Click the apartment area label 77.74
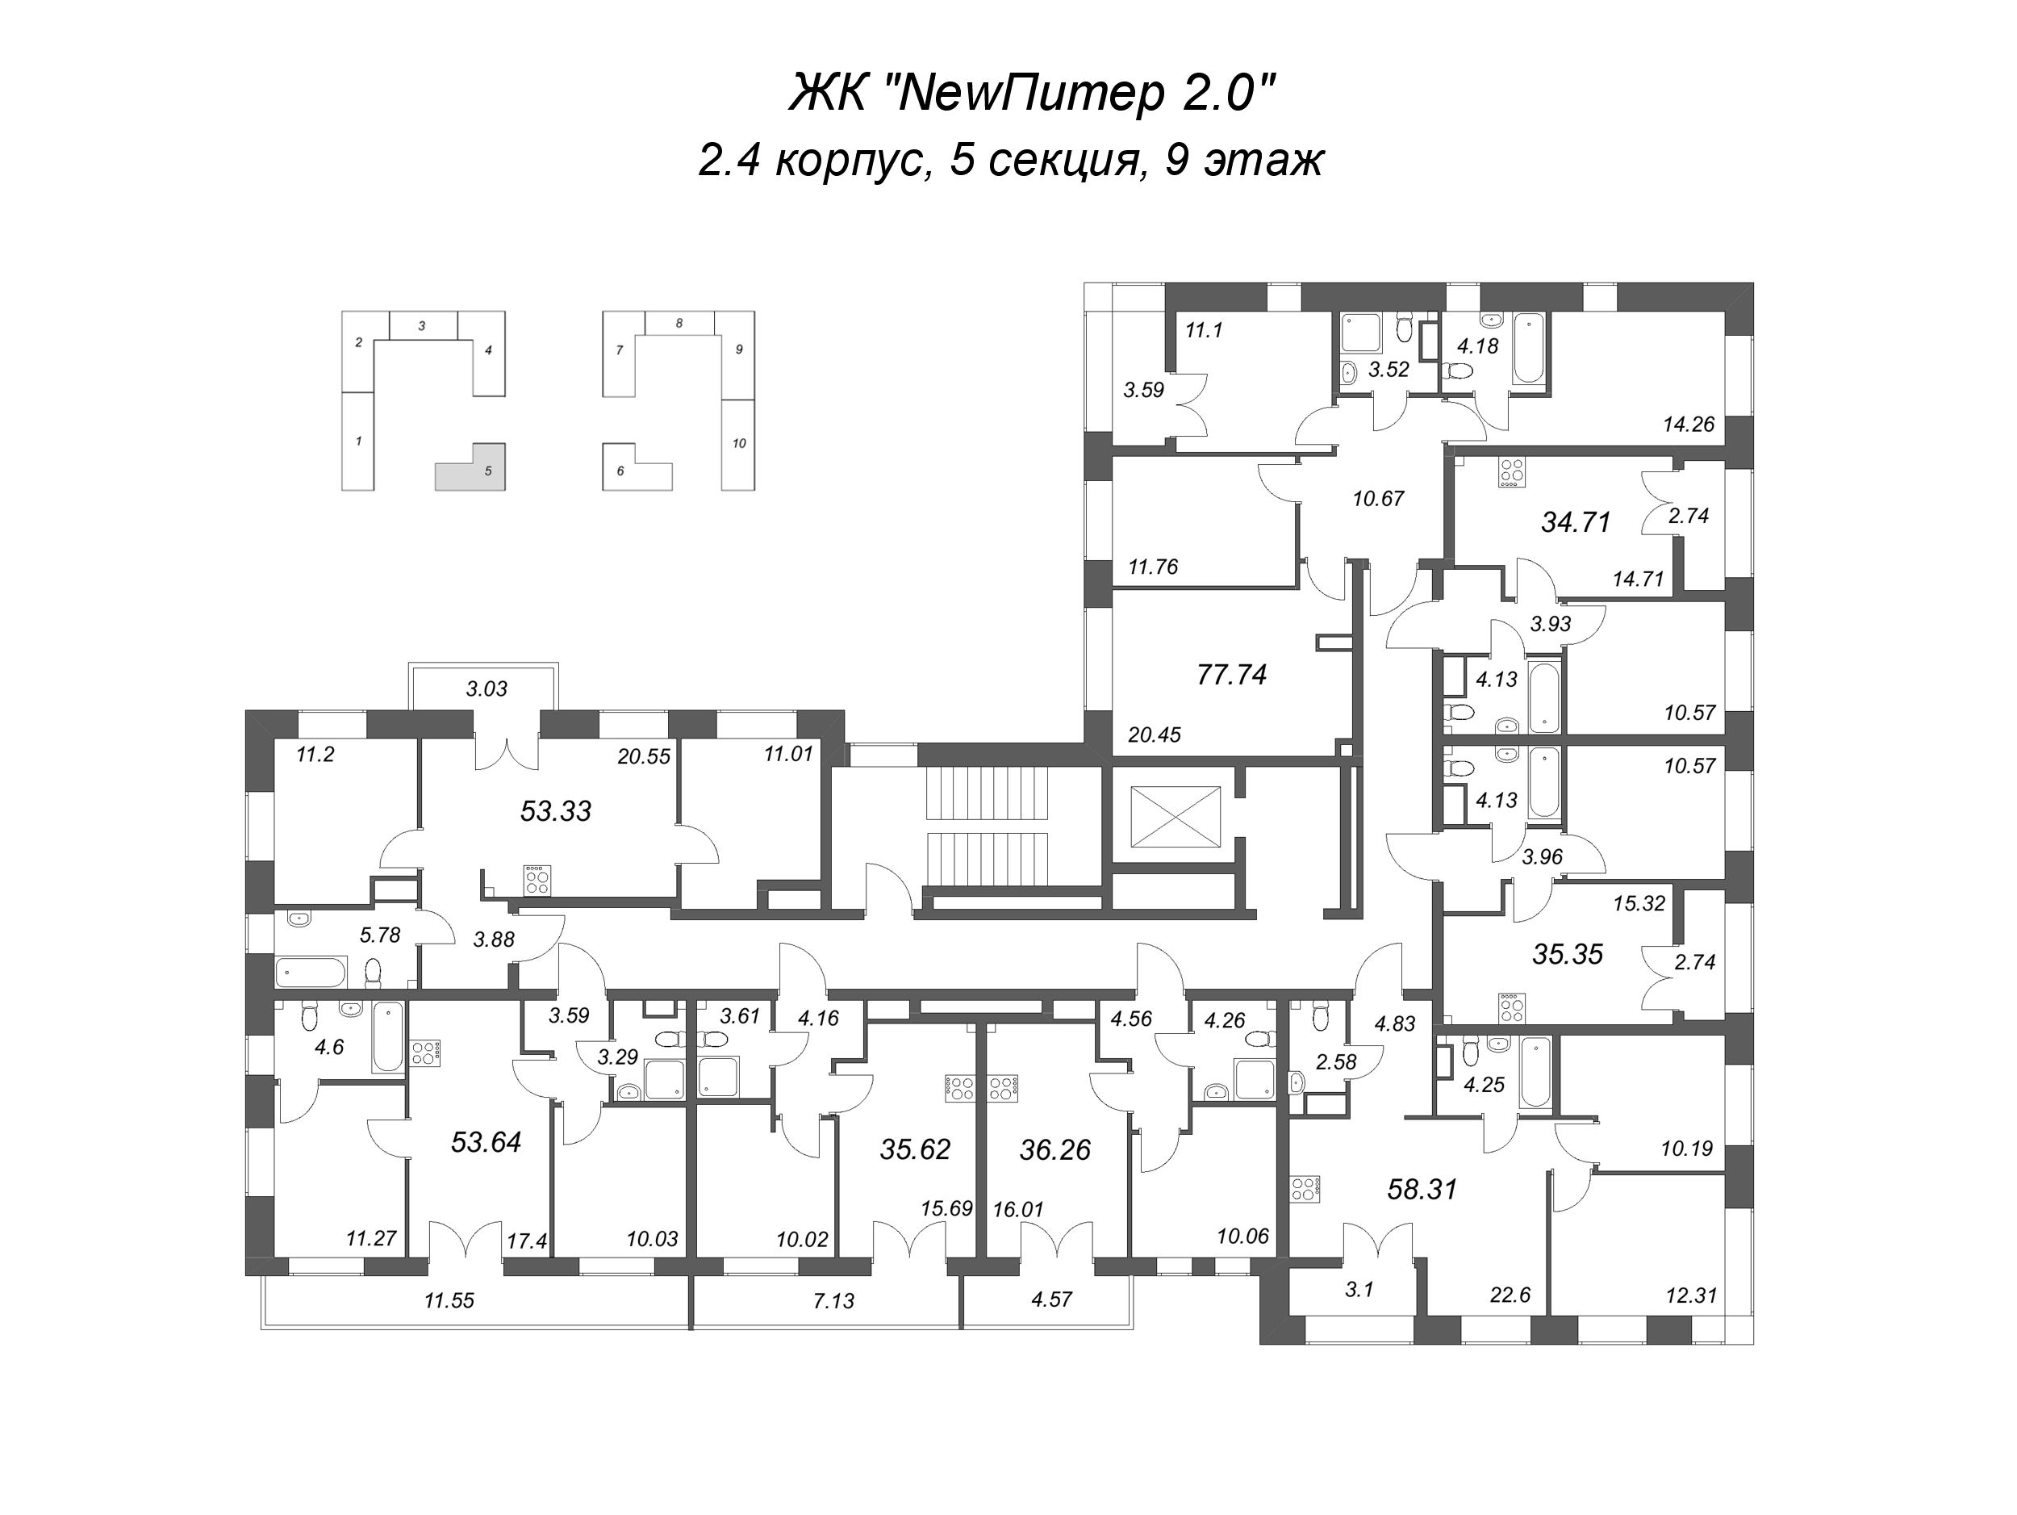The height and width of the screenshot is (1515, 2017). [x=1232, y=675]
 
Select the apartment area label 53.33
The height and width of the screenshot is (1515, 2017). [x=555, y=811]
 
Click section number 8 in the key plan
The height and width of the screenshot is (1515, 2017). [x=679, y=323]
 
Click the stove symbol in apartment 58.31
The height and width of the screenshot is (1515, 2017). [x=1304, y=1191]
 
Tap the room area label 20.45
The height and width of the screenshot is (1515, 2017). [x=1155, y=734]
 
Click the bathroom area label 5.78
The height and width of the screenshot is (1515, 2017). [x=379, y=935]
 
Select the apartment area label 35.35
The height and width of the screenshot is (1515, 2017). [x=1568, y=955]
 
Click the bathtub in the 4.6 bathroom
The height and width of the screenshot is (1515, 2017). [x=387, y=1038]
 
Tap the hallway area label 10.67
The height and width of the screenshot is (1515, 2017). [x=1378, y=499]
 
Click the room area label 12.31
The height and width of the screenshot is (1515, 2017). [x=1690, y=1296]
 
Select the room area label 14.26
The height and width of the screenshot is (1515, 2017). [x=1689, y=424]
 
